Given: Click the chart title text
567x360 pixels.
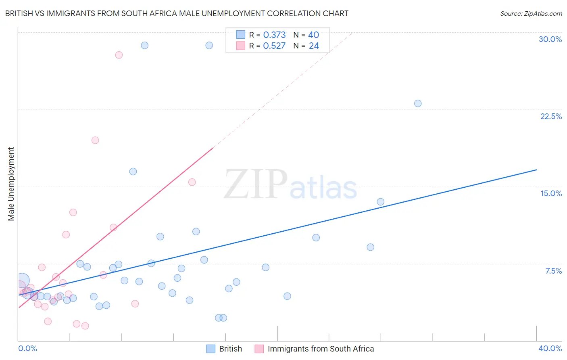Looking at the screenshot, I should [x=177, y=13].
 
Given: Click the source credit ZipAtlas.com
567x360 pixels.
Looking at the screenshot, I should [x=531, y=13].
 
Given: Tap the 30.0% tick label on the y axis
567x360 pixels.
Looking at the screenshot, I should [x=550, y=39].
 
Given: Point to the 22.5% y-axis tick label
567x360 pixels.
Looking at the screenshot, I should [x=551, y=116].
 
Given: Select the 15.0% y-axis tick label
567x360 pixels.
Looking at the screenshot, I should [x=551, y=193].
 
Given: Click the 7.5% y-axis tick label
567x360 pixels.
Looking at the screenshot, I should [x=553, y=271].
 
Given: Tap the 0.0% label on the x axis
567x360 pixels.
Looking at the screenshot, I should [x=27, y=348].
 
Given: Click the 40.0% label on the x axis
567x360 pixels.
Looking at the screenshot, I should [x=550, y=348].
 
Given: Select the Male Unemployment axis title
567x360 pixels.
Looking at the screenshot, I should [x=11, y=184].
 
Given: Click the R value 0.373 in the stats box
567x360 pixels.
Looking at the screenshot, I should [x=274, y=35].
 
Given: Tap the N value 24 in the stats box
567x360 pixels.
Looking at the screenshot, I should [x=314, y=46].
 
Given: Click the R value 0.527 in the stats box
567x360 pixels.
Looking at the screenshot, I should [x=274, y=46].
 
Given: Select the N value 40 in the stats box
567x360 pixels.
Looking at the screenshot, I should [x=314, y=35].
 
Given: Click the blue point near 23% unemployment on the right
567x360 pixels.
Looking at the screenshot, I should [x=418, y=103].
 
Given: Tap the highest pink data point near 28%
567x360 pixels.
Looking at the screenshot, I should [x=119, y=55].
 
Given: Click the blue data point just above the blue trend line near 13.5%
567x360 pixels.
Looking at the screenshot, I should [x=380, y=202].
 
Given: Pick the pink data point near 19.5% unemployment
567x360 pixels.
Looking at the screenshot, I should [x=95, y=140].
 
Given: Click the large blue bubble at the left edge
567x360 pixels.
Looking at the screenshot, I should [x=23, y=280].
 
